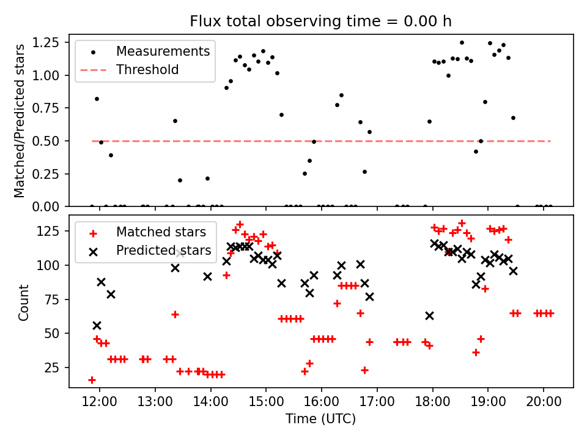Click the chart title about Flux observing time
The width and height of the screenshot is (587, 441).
click(x=320, y=21)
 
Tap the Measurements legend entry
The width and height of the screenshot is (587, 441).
click(x=163, y=51)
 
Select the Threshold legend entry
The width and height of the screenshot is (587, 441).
click(x=147, y=70)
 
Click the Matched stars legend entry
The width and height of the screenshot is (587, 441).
click(x=161, y=232)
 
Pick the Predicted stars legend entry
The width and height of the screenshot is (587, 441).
click(x=163, y=250)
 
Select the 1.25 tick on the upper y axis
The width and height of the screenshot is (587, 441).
click(x=51, y=42)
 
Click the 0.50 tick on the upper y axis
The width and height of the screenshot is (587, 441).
click(x=51, y=141)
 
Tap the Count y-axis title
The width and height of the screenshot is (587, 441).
click(x=24, y=302)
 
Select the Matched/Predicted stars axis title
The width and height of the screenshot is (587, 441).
click(x=20, y=121)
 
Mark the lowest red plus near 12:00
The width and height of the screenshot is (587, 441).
click(x=92, y=380)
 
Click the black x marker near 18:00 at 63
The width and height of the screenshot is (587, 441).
click(x=429, y=315)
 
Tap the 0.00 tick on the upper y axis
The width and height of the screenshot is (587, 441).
click(x=51, y=206)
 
